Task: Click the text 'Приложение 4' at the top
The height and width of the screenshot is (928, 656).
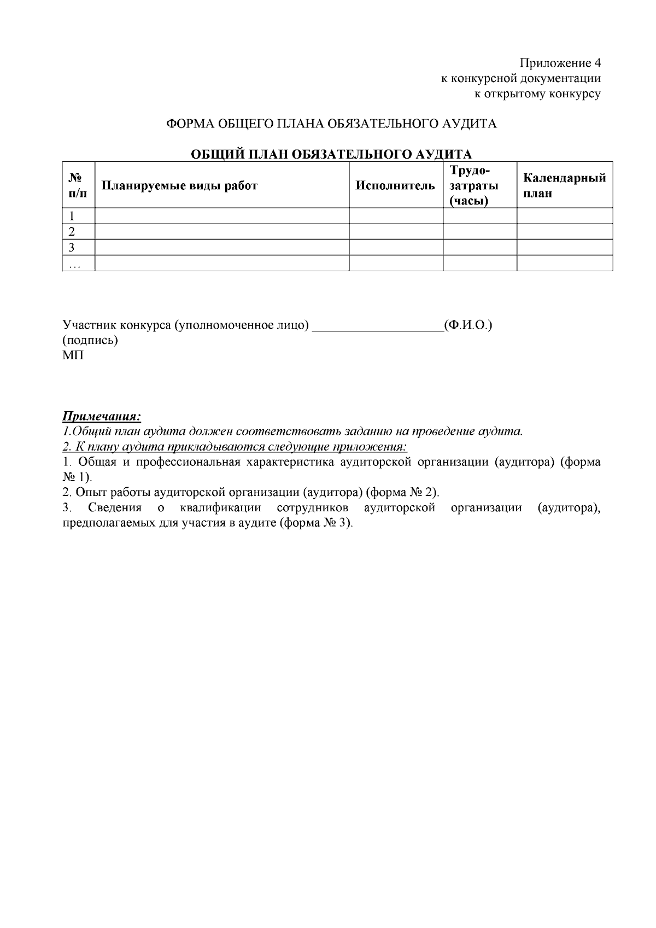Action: [560, 62]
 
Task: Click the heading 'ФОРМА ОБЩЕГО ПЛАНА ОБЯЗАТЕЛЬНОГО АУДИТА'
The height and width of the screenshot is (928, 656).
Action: [332, 124]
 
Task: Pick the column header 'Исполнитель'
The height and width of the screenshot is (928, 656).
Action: [395, 185]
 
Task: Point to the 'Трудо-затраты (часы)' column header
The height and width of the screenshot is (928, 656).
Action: [473, 185]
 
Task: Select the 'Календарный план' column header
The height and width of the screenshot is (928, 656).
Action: [564, 185]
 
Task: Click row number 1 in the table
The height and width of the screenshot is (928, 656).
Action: [71, 216]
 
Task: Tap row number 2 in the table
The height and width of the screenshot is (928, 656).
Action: [71, 231]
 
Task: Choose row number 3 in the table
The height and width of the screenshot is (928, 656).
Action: [71, 247]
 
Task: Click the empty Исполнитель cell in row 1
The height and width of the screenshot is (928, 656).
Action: [396, 216]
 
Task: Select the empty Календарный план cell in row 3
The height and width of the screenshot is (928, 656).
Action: [564, 247]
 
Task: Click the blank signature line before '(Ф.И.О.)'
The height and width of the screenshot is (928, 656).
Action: [377, 326]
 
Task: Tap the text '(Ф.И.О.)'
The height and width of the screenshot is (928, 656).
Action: [468, 325]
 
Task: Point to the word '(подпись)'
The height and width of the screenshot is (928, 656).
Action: [91, 340]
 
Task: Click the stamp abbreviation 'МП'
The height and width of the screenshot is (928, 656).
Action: [73, 355]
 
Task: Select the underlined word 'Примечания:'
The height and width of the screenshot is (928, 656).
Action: [102, 417]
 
